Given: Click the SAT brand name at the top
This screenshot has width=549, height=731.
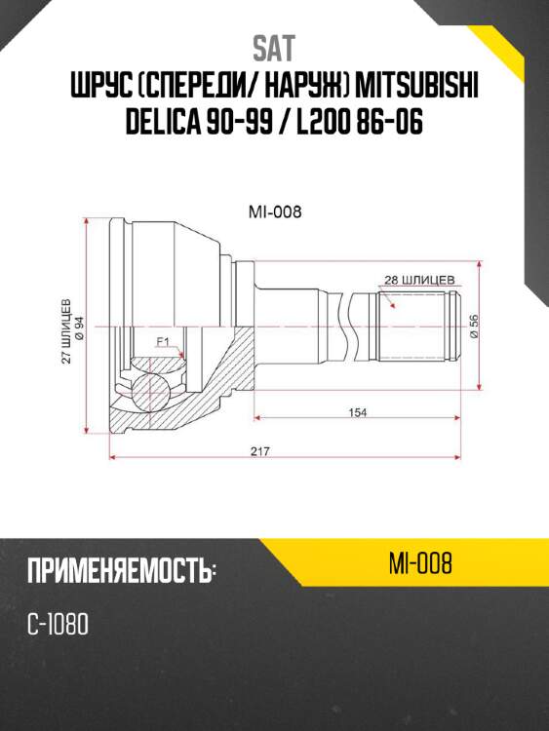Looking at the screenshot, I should pos(273,48).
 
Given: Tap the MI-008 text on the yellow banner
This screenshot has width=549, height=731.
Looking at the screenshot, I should pos(419,564).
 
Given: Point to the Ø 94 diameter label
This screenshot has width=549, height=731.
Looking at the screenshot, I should pos(79,331).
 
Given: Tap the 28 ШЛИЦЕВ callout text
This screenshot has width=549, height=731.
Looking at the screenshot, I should pos(419,279).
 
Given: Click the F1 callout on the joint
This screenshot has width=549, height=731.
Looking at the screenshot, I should pos(163,341).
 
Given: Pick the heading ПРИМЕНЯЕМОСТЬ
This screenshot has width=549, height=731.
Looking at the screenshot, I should pos(121,571).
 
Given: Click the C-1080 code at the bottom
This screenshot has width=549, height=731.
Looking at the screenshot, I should pos(59,624).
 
